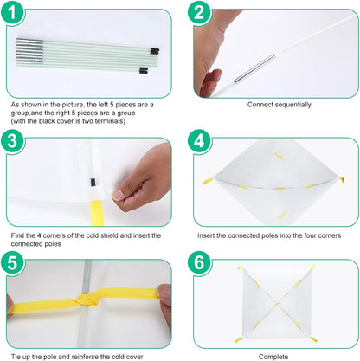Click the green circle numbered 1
(x=12, y=12)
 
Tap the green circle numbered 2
(x=199, y=12)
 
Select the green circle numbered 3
(x=12, y=141)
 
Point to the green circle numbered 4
(x=199, y=141)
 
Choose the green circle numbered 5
(x=12, y=263)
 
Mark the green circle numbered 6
(x=199, y=263)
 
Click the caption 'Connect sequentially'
(x=280, y=105)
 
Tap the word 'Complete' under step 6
(x=273, y=357)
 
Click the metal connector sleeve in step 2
(x=254, y=68)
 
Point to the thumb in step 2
(x=209, y=83)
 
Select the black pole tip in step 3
(x=93, y=182)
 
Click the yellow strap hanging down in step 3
(x=96, y=213)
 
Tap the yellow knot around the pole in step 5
(x=87, y=300)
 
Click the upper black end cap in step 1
(x=155, y=51)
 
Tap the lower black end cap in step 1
(x=144, y=70)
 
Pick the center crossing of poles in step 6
(x=277, y=304)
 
